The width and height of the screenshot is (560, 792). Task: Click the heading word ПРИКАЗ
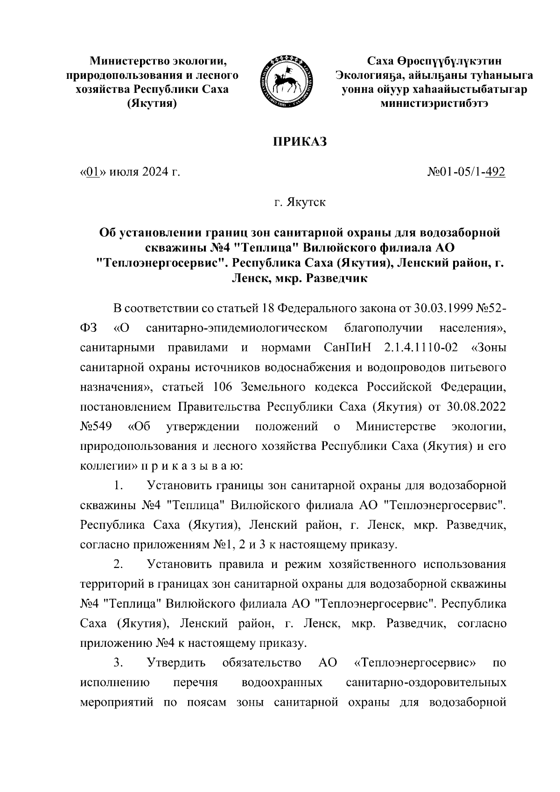point(300,141)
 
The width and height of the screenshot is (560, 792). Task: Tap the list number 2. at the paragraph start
point(118,564)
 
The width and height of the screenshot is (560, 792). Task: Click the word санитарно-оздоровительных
point(427,682)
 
